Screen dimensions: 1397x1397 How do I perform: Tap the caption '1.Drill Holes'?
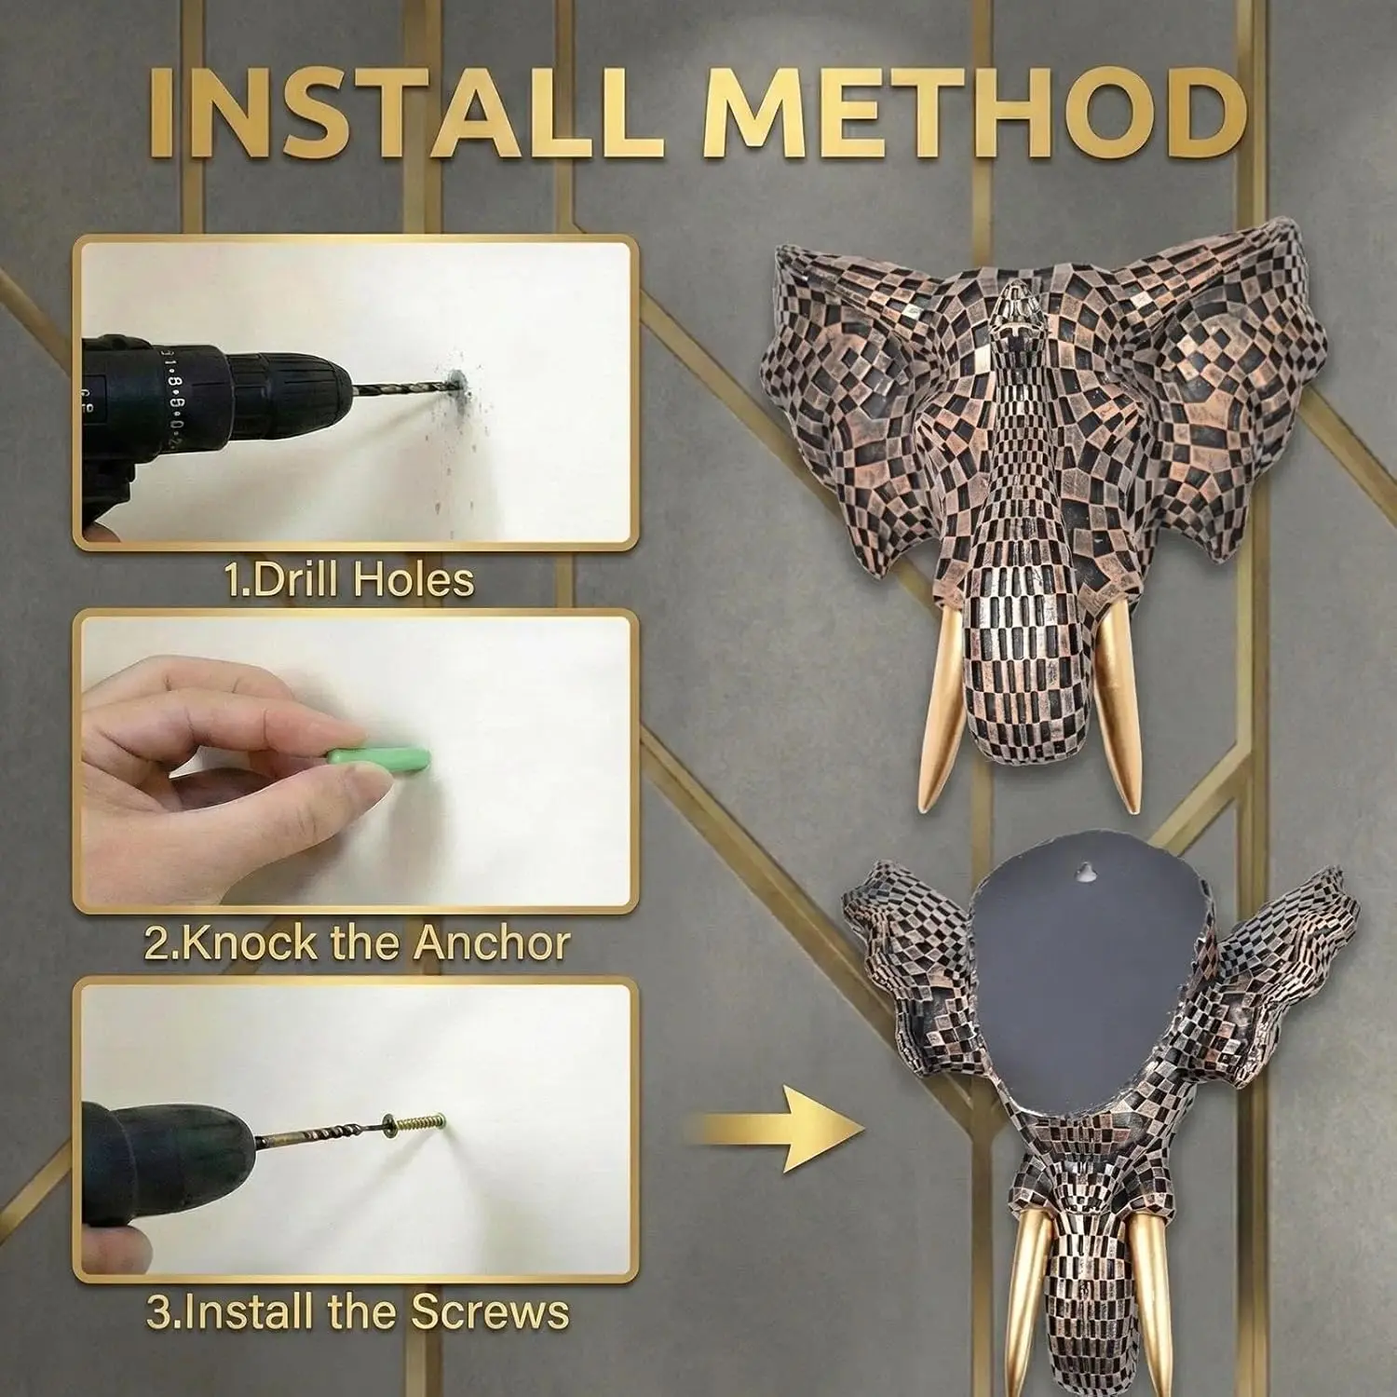click(350, 579)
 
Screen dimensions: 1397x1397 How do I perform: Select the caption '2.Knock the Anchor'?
click(357, 943)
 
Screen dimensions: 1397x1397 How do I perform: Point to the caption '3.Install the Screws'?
click(358, 1312)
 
